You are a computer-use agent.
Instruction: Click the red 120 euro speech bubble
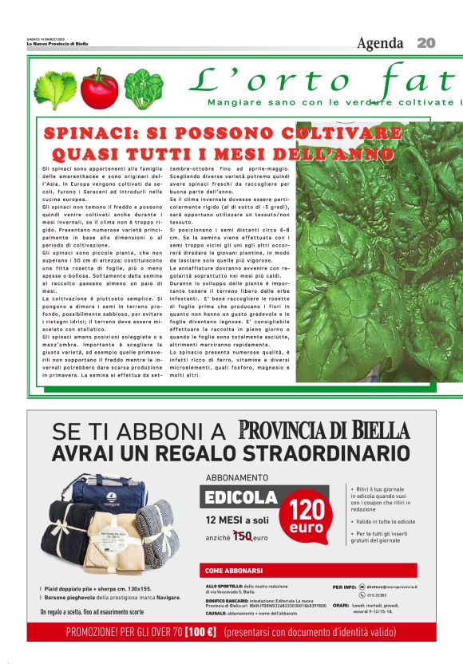click(x=306, y=517)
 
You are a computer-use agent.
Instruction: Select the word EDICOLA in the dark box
click(x=241, y=497)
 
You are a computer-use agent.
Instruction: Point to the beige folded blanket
click(x=117, y=545)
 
